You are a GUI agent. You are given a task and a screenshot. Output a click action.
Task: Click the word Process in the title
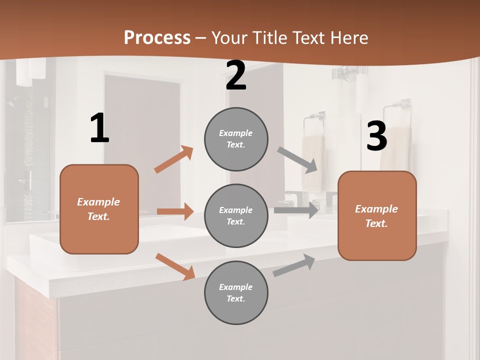(x=157, y=37)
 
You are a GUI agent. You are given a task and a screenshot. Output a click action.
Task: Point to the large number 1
(x=99, y=128)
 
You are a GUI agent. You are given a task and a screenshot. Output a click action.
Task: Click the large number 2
(x=236, y=75)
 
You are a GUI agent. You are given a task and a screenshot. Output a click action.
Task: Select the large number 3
(x=376, y=136)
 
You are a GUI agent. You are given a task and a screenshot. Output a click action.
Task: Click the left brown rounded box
(x=99, y=209)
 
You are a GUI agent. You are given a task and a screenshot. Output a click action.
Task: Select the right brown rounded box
(x=377, y=215)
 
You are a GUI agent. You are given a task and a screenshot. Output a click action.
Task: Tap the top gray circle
(x=236, y=139)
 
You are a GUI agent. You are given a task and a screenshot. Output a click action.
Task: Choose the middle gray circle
(x=236, y=215)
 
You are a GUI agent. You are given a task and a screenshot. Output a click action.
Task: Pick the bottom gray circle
(x=236, y=292)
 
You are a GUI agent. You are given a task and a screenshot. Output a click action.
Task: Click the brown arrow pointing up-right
(x=173, y=159)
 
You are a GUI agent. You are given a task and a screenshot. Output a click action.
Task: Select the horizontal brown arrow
(x=175, y=211)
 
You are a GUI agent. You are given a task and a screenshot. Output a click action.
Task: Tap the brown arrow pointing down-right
(x=175, y=266)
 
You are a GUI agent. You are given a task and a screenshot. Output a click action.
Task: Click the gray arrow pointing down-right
(x=297, y=159)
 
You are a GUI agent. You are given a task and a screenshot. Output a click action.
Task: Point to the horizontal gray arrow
(x=296, y=210)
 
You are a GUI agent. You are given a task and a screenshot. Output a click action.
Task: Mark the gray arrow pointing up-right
(x=294, y=265)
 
